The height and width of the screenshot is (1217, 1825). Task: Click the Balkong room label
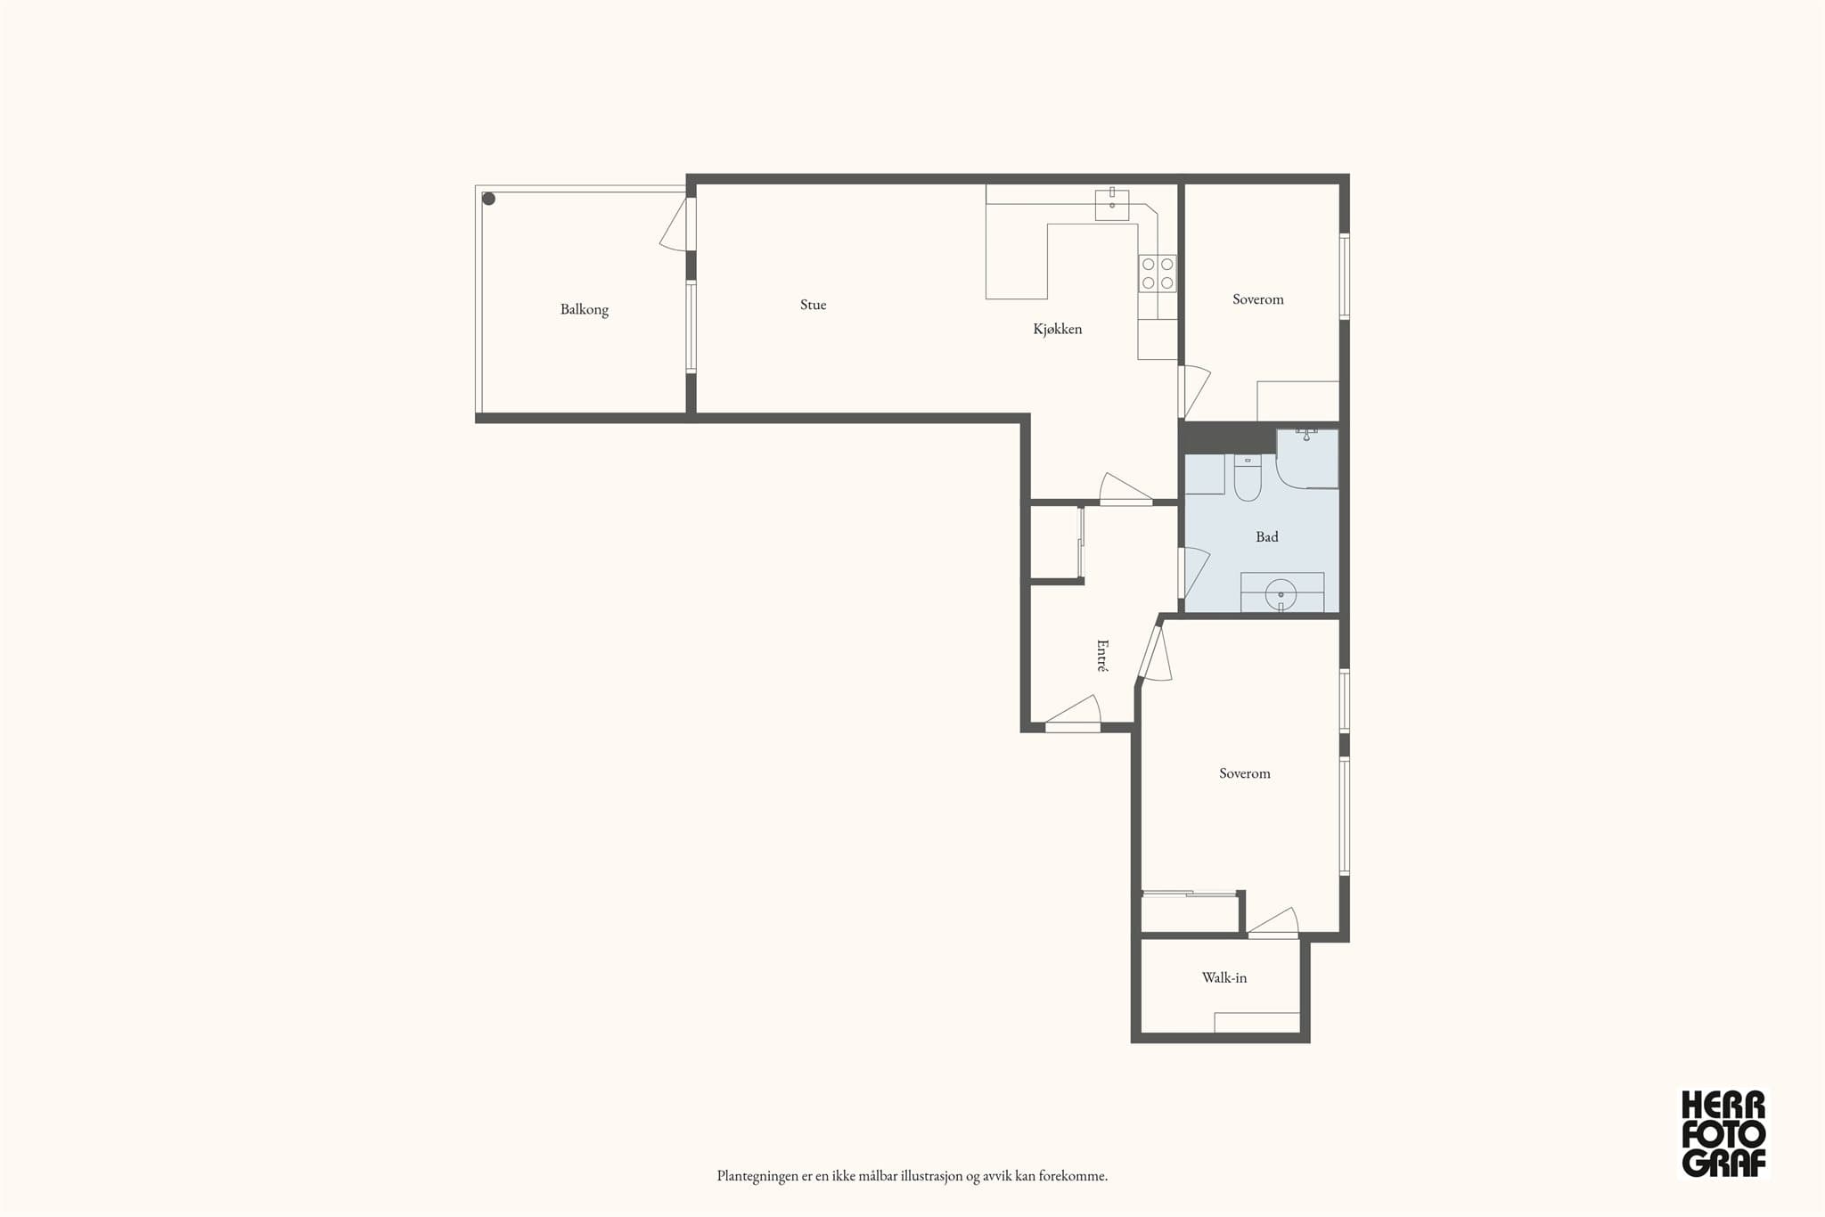585,310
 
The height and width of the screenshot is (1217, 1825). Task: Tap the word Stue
813,305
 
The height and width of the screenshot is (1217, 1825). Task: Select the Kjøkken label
1058,329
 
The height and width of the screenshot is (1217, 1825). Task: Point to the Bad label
1267,536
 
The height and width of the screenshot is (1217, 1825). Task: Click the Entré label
1102,655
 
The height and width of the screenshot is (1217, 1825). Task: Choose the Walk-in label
1224,977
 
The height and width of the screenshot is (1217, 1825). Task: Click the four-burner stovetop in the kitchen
1158,274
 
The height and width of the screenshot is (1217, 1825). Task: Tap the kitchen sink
1112,205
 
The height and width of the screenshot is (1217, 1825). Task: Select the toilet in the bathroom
1248,478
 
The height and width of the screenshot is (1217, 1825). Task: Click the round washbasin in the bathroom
1281,592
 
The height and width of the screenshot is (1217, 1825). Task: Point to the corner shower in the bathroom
1307,459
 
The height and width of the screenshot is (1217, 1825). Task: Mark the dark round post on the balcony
488,199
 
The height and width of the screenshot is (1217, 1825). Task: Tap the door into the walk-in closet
1273,923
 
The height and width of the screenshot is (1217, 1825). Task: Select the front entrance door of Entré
1073,715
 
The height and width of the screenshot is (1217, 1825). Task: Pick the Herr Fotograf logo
1723,1133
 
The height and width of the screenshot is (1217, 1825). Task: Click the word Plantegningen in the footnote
757,1176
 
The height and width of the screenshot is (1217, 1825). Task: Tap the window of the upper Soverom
1345,276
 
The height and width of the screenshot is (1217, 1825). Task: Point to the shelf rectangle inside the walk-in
1257,1023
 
